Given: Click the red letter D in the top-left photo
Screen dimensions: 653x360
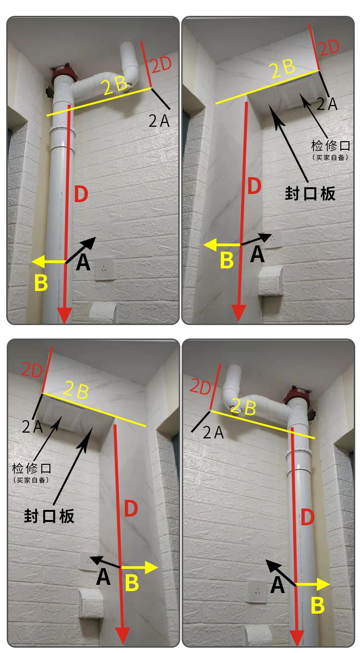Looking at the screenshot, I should click(82, 194).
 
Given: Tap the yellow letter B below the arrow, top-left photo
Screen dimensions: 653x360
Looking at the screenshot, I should click(42, 283).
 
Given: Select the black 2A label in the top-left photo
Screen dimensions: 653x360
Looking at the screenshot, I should click(159, 121).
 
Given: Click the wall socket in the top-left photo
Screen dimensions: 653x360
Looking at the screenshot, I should click(105, 269).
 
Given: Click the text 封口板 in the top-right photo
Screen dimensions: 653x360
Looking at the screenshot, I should click(310, 193).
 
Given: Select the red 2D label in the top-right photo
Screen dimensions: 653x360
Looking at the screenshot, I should click(329, 48).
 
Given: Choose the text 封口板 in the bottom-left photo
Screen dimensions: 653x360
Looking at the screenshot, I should click(49, 516).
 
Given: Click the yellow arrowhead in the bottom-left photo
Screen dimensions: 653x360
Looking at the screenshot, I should click(152, 568).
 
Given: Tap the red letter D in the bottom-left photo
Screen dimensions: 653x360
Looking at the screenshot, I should click(131, 509).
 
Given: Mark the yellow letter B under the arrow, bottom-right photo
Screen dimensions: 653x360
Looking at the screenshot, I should click(318, 605).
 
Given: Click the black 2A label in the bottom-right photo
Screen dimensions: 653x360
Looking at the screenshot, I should click(213, 433).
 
